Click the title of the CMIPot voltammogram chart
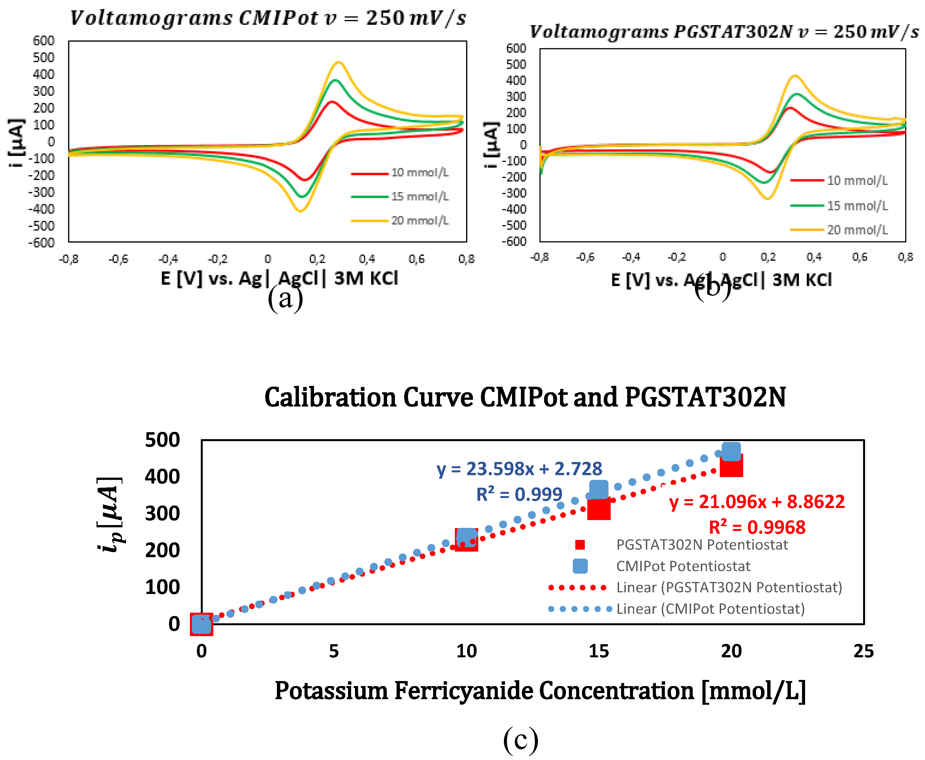[x=268, y=18]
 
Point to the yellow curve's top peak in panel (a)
[x=338, y=62]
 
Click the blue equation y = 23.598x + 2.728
[x=519, y=469]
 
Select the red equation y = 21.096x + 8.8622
[x=757, y=502]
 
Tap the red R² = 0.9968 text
[x=757, y=527]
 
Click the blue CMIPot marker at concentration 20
[x=731, y=451]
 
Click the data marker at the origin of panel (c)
[x=201, y=624]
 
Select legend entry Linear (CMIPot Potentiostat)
[x=710, y=609]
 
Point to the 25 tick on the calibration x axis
[x=864, y=651]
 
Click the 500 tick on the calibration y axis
[x=162, y=440]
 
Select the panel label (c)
[x=520, y=739]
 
